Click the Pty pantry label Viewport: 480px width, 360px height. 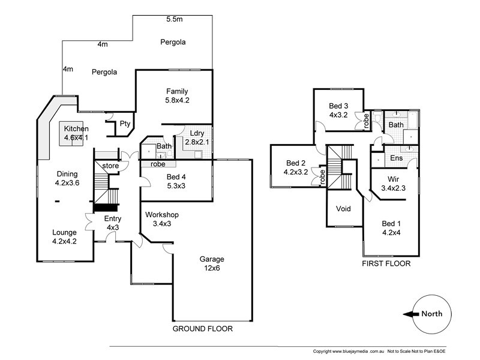pos(125,124)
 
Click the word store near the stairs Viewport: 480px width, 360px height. pos(110,166)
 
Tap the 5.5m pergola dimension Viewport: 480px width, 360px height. pos(175,20)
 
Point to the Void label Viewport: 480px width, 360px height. pos(343,209)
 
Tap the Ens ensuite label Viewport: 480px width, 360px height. pos(396,158)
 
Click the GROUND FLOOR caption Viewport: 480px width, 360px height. pos(202,329)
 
